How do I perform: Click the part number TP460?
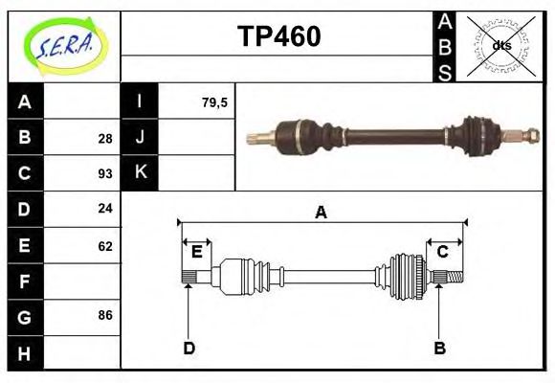pyautogui.click(x=277, y=36)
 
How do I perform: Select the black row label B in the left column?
pyautogui.click(x=25, y=138)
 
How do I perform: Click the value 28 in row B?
pyautogui.click(x=104, y=138)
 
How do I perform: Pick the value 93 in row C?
pyautogui.click(x=104, y=174)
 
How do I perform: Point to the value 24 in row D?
pyautogui.click(x=104, y=209)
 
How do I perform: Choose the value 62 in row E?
pyautogui.click(x=104, y=246)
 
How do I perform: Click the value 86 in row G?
pyautogui.click(x=104, y=315)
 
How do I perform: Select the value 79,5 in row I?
pyautogui.click(x=214, y=102)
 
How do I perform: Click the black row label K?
pyautogui.click(x=140, y=172)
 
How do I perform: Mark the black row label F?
pyautogui.click(x=25, y=282)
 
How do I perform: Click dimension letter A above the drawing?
pyautogui.click(x=321, y=213)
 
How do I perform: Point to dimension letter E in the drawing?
pyautogui.click(x=197, y=252)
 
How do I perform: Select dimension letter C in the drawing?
pyautogui.click(x=442, y=252)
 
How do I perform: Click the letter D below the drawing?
pyautogui.click(x=189, y=348)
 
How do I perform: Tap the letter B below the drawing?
pyautogui.click(x=439, y=348)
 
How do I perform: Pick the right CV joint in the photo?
pyautogui.click(x=478, y=133)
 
